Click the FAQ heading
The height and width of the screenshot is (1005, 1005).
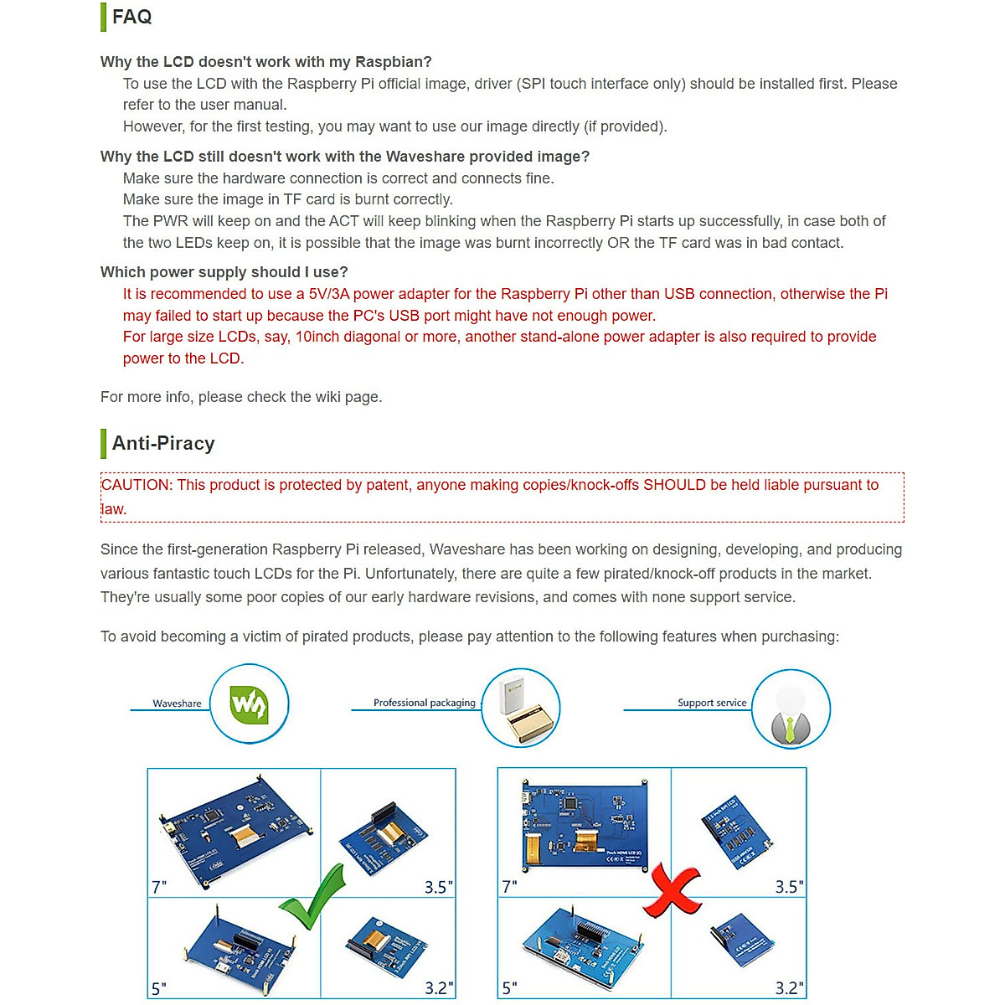click(132, 17)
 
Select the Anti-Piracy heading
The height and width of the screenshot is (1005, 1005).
click(163, 443)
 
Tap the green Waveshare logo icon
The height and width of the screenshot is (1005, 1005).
click(249, 704)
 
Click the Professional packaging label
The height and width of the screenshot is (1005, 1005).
click(424, 703)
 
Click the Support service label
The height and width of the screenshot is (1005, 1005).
click(712, 703)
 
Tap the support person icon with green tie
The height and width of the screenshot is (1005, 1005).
click(790, 711)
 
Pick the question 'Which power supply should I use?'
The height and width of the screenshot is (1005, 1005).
click(224, 272)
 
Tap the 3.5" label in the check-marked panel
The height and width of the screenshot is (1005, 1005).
click(438, 887)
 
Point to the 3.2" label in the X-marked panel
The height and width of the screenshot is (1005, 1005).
click(789, 988)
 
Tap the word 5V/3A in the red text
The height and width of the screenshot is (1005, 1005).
click(329, 294)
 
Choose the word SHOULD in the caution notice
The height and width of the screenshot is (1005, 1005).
click(674, 485)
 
